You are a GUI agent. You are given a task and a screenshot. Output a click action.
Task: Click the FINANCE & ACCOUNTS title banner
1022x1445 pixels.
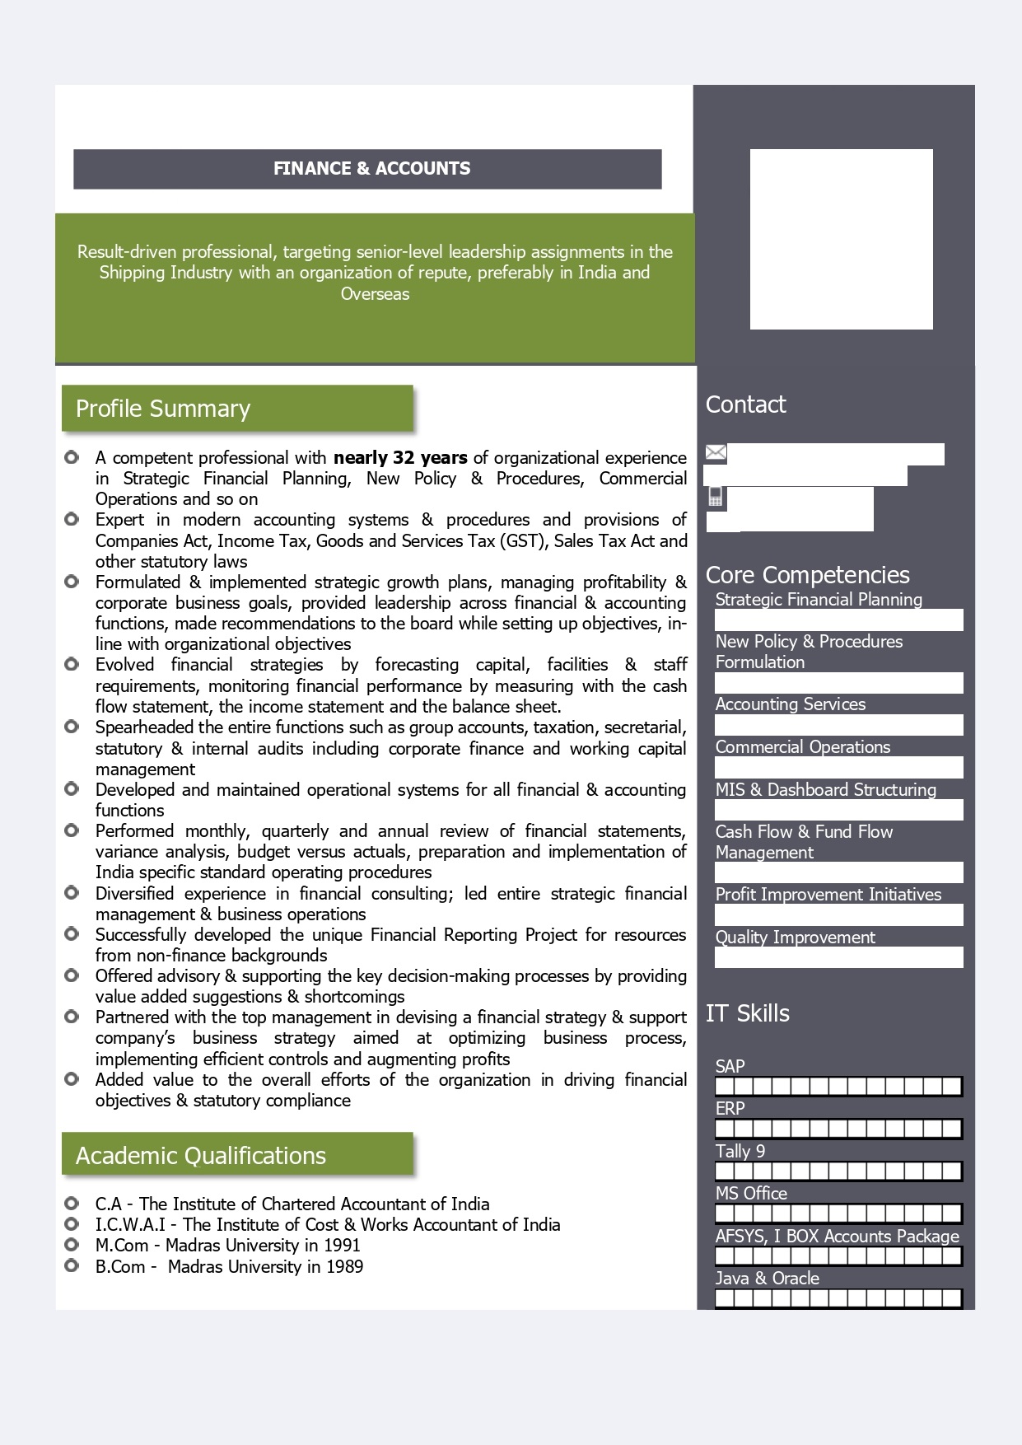(x=371, y=169)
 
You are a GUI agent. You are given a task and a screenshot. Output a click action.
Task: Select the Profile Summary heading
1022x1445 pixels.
(x=163, y=409)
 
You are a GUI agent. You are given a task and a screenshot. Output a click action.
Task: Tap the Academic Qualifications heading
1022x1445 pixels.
(x=201, y=1156)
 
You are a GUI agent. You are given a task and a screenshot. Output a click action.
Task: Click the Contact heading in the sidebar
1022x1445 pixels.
(x=745, y=405)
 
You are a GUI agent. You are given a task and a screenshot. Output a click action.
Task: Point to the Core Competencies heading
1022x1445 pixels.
(x=807, y=574)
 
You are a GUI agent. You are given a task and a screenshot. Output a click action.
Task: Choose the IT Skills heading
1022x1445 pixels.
(x=747, y=1013)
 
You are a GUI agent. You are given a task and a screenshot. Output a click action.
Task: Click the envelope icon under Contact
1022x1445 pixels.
(x=716, y=452)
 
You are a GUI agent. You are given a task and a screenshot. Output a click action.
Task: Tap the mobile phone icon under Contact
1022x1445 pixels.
(x=716, y=497)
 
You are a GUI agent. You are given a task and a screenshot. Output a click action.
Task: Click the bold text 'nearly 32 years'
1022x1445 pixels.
(x=400, y=458)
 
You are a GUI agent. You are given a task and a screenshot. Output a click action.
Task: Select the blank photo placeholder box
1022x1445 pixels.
(x=841, y=239)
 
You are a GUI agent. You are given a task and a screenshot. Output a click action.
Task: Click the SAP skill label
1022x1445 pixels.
(x=730, y=1066)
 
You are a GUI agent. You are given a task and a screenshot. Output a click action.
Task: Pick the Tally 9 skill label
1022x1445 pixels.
(x=740, y=1151)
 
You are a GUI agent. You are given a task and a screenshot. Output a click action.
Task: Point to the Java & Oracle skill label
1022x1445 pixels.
(x=767, y=1279)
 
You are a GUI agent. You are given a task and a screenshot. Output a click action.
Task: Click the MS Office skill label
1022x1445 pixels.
(x=751, y=1194)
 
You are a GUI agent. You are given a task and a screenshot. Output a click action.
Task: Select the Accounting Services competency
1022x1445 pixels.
(x=790, y=704)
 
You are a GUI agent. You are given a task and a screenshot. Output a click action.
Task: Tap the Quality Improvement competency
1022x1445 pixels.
(x=795, y=938)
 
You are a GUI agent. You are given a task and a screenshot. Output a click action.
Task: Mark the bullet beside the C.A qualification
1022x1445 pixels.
(x=72, y=1204)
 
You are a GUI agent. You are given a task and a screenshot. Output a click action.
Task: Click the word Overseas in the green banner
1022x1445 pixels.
(x=375, y=294)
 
